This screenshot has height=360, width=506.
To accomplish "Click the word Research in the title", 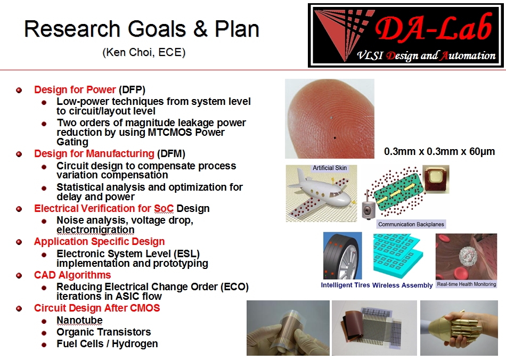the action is pos(72,29).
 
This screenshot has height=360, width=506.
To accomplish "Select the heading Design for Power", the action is pos(75,89).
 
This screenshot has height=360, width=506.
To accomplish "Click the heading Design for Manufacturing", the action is pos(94,153).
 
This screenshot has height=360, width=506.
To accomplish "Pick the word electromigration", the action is pos(95,230).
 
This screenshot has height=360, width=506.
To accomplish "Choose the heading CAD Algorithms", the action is pos(72,275).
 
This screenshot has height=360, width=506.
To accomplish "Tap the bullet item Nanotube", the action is pos(79,320).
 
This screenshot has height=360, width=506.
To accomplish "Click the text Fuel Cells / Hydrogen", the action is pos(107,344).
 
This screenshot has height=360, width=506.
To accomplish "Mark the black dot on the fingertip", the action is pos(334,138).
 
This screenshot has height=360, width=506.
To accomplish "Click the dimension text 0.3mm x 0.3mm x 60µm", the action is pos(439,152).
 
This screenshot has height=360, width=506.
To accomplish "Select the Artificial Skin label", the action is pos(330,168).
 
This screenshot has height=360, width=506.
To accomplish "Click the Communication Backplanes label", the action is pos(411,224).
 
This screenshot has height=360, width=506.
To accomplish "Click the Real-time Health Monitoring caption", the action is pos(466,284).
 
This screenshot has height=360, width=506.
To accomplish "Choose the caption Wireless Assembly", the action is pos(403,285).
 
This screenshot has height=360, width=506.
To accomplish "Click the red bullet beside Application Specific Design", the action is pos(19,242).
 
